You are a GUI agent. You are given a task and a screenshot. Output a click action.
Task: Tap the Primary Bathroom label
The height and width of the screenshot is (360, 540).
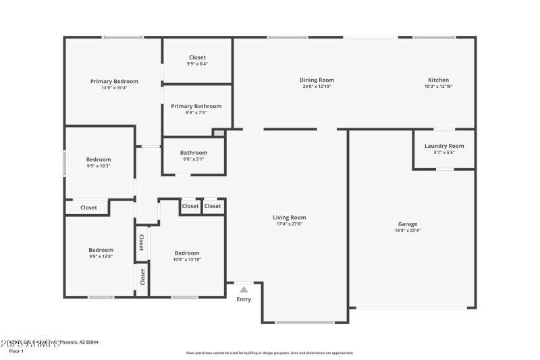click(x=196, y=106)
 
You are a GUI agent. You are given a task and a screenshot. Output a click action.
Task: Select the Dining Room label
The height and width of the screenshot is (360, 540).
click(x=317, y=80)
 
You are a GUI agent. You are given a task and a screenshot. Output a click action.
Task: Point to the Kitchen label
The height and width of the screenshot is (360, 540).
click(x=438, y=80)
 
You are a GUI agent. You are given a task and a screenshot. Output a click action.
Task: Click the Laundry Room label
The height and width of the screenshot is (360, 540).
click(x=444, y=146)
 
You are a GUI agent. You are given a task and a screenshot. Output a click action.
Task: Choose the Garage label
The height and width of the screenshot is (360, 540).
click(x=407, y=224)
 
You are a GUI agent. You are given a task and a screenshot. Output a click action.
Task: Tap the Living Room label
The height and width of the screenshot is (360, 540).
click(x=289, y=217)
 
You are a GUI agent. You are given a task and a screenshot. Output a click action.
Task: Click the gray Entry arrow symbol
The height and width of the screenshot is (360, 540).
click(x=244, y=289)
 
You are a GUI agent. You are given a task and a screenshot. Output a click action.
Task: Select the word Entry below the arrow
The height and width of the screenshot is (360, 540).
click(x=244, y=299)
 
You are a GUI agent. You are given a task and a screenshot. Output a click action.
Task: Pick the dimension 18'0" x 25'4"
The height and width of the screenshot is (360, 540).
click(x=407, y=230)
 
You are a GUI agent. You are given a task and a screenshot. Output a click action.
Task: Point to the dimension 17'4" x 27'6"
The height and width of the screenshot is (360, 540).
click(x=289, y=224)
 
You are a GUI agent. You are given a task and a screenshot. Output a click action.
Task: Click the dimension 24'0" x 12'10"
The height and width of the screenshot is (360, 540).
click(x=317, y=86)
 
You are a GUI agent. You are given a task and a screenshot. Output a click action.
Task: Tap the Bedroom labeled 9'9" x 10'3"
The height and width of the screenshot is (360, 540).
click(x=99, y=159)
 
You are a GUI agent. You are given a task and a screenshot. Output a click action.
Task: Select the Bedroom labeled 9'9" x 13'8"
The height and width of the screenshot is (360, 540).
click(x=101, y=250)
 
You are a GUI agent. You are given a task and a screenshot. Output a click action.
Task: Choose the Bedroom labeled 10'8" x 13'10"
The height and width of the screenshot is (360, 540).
click(x=187, y=253)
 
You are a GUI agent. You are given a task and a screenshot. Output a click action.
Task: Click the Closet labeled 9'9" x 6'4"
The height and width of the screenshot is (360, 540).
click(x=197, y=57)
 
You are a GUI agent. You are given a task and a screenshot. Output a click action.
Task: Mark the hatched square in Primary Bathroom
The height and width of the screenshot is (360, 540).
click(x=218, y=133)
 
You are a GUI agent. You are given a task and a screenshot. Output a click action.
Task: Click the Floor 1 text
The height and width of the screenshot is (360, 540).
click(x=16, y=351)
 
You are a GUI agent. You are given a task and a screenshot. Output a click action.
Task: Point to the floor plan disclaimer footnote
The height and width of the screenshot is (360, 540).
click(x=269, y=353)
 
